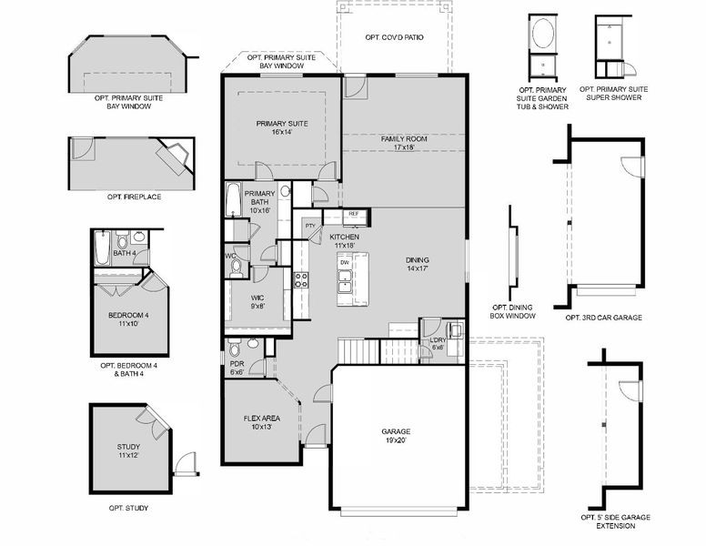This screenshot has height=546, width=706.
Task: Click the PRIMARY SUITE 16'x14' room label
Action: coord(281,127)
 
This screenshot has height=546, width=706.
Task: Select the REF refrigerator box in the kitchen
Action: coord(355,214)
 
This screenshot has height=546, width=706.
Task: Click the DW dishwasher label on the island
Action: coord(345,263)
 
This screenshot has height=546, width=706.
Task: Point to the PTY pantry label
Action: coord(310,226)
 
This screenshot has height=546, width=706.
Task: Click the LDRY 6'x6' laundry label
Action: coord(439,343)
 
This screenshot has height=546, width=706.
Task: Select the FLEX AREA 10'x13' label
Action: coord(261,422)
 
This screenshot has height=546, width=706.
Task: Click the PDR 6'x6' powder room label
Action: coord(237,368)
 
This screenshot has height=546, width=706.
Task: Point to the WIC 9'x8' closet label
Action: coord(257,302)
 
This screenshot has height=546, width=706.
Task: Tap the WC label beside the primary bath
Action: coord(231,256)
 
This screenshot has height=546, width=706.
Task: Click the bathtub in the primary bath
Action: coord(233,199)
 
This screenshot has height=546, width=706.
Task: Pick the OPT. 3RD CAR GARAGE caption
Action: coord(603,318)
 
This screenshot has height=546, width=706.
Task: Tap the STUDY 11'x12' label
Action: coord(128,450)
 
